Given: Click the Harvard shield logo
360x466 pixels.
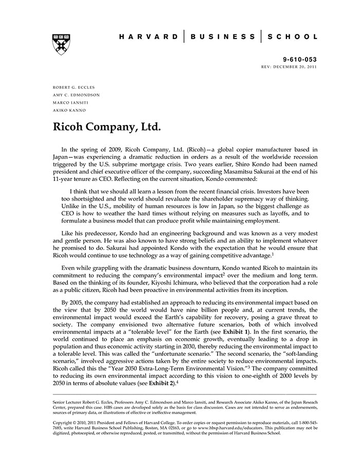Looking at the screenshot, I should [x=62, y=44].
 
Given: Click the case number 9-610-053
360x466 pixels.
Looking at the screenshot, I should [x=300, y=60].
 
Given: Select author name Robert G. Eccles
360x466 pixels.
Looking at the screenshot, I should [x=74, y=87].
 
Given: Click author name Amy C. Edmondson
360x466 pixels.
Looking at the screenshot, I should [x=77, y=95].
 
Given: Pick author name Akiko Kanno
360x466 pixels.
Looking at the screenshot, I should [x=69, y=110].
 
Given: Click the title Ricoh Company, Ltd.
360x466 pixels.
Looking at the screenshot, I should [x=106, y=127].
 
